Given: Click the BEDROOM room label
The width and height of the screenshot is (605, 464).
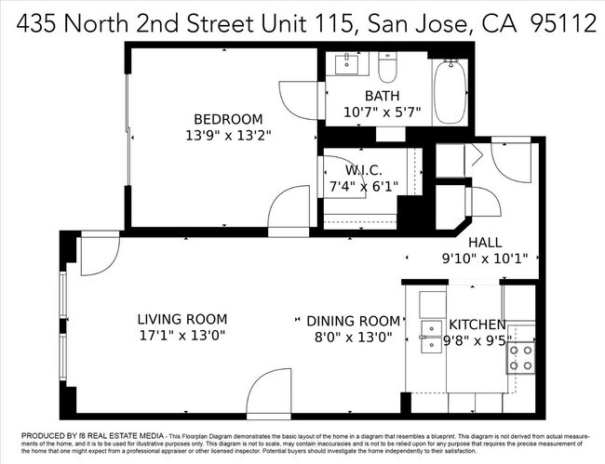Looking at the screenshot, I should click(228, 119).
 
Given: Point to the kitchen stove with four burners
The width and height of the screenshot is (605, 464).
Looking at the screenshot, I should click(520, 357).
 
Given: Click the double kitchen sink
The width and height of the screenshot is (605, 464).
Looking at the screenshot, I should click(431, 339).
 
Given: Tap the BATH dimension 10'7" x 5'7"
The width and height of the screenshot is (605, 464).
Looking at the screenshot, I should click(382, 113).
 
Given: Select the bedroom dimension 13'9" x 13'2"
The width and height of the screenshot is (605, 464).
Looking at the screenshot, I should click(228, 135).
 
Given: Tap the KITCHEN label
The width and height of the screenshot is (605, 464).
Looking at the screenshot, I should click(477, 325).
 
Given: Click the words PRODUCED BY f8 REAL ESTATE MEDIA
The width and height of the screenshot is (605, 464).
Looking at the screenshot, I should click(78, 435).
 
